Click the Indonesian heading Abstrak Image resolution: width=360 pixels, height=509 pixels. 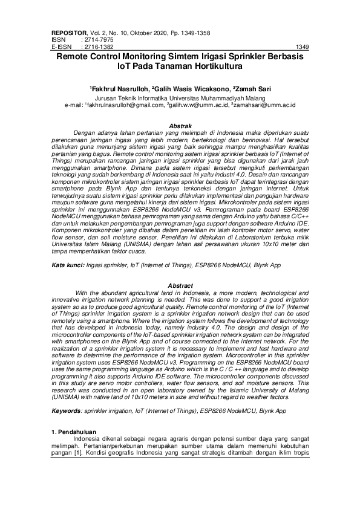coord(180,125)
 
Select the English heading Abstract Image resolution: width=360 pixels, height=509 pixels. coord(180,285)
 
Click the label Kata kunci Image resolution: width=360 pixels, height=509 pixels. coord(67,265)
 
